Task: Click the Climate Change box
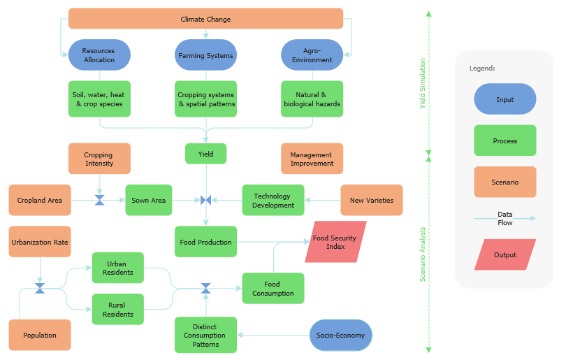(x=205, y=19)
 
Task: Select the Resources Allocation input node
(x=99, y=55)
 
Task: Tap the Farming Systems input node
(x=205, y=55)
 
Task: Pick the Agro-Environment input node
(x=312, y=55)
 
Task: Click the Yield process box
(x=205, y=154)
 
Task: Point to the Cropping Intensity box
(x=99, y=159)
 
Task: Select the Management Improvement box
(x=312, y=159)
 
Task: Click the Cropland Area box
(x=40, y=200)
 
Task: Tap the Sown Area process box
(x=149, y=200)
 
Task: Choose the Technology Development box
(x=273, y=200)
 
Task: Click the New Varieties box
(x=372, y=200)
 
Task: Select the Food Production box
(x=205, y=242)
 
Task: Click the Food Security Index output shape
(x=335, y=242)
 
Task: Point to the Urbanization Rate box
(x=40, y=242)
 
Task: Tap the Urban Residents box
(x=117, y=268)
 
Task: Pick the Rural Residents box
(x=117, y=310)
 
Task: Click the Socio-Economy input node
(x=341, y=335)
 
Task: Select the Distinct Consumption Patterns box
(x=205, y=335)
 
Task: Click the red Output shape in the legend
(x=505, y=254)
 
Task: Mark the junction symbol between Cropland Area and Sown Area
(x=99, y=200)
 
